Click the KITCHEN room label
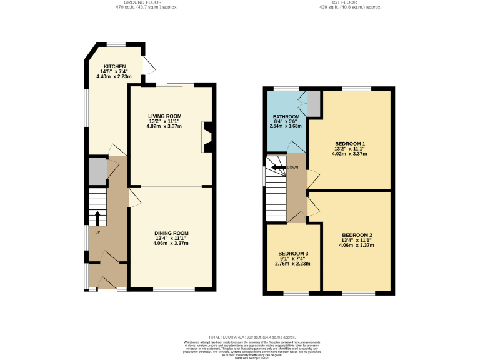[x=115, y=66]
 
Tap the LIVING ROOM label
[x=164, y=116]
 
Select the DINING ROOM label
[x=172, y=233]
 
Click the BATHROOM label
[x=286, y=117]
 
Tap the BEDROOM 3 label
[x=293, y=254]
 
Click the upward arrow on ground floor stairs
[x=97, y=218]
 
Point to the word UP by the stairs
[x=97, y=232]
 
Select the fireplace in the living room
[x=207, y=137]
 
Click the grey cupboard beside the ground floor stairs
[x=97, y=172]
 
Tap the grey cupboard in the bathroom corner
[x=314, y=104]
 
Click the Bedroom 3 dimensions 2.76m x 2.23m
[x=293, y=264]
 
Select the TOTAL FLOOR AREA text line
[x=240, y=336]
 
